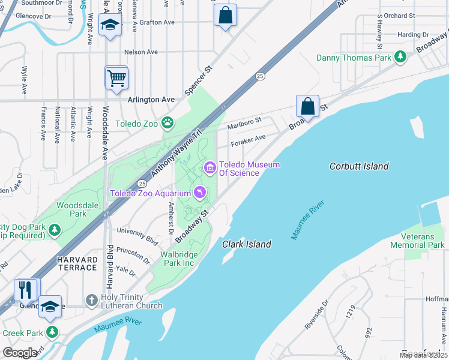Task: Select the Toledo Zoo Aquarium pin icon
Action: [199, 193]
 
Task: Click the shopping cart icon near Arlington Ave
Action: [116, 77]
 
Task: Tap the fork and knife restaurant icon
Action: [25, 290]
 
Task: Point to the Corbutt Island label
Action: [359, 166]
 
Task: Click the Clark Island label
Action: [247, 244]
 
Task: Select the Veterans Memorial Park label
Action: [417, 241]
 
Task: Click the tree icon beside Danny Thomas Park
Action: [400, 58]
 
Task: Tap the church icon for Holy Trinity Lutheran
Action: [91, 298]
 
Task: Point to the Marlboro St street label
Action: [244, 124]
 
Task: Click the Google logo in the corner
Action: [20, 353]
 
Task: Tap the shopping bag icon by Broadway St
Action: [307, 106]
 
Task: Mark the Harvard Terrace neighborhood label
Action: [78, 263]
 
